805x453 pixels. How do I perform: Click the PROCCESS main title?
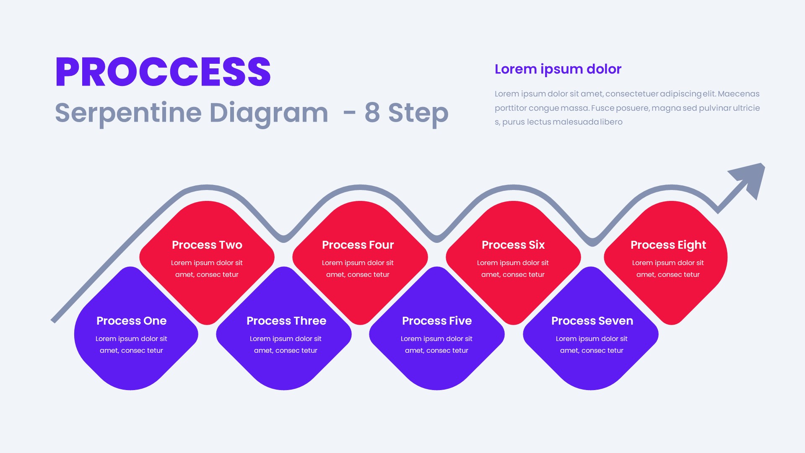click(163, 72)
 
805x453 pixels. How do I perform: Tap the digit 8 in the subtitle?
click(372, 113)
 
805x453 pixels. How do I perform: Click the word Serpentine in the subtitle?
click(128, 113)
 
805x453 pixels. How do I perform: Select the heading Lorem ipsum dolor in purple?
click(558, 69)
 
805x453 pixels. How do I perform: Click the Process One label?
click(131, 321)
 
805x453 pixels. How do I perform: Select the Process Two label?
click(207, 245)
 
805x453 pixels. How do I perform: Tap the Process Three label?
click(286, 321)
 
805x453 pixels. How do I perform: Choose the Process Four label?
click(358, 245)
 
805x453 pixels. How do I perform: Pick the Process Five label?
click(436, 321)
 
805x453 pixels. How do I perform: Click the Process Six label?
click(513, 245)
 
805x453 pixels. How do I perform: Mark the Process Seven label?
click(592, 321)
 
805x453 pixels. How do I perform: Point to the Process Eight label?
click(668, 245)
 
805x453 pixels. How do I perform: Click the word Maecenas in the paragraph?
click(738, 94)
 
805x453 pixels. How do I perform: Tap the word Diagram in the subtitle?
click(268, 113)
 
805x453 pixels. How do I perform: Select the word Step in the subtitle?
click(418, 113)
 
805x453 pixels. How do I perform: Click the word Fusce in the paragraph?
click(602, 108)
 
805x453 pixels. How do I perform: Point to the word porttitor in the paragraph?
click(510, 108)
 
